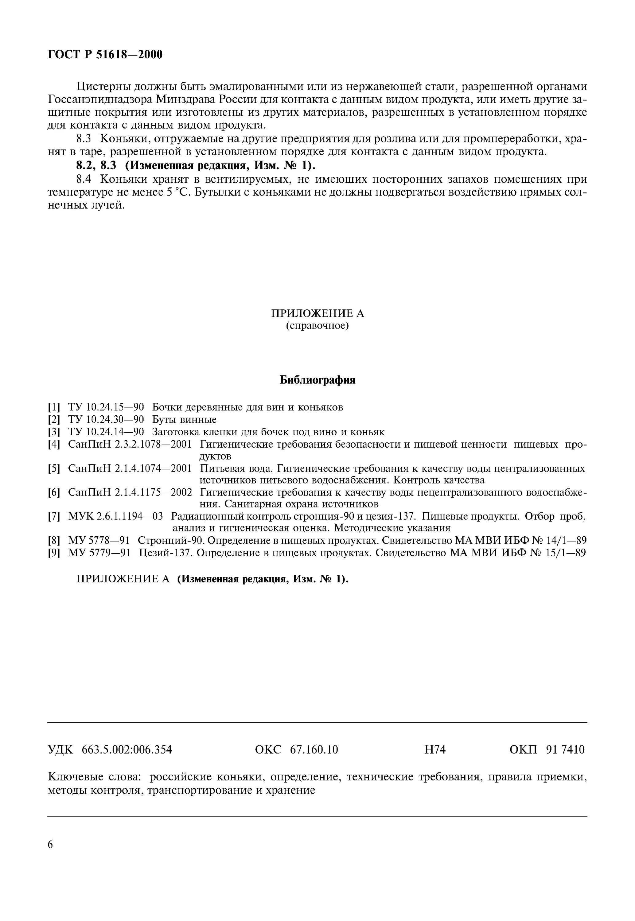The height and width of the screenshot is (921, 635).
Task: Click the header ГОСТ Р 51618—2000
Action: point(105,54)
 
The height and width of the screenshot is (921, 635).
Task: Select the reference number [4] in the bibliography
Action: point(54,444)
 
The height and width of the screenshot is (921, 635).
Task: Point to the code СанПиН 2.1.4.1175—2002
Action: point(130,493)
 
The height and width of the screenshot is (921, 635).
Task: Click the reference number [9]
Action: point(54,553)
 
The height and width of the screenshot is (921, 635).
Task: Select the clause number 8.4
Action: point(86,179)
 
